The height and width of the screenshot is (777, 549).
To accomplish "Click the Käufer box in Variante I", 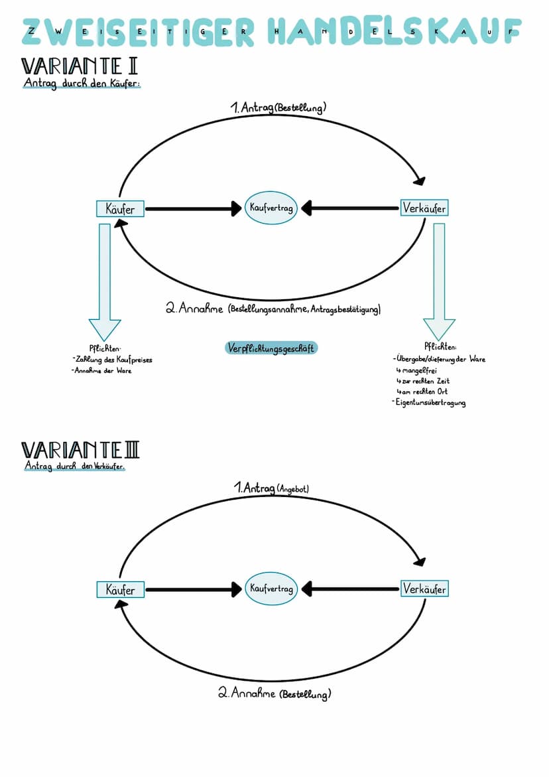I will [x=120, y=209].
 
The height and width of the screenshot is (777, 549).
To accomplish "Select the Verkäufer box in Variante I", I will [x=424, y=208].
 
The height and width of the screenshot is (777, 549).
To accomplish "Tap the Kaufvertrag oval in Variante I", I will [x=271, y=208].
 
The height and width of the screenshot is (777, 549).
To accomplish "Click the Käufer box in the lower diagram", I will [x=120, y=589].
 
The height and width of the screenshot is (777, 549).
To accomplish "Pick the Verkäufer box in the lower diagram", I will [x=424, y=589].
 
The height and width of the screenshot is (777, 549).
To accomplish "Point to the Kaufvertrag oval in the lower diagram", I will [x=271, y=589].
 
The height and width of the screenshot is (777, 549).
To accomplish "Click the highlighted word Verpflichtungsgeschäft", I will [x=271, y=348].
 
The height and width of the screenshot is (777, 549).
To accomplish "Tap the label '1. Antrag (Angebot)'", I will [x=272, y=488].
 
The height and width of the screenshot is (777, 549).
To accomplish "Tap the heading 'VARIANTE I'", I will [x=80, y=67].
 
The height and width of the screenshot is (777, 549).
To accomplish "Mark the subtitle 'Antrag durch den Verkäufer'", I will [x=74, y=466].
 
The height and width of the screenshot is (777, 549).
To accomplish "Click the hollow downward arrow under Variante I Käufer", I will [x=105, y=282].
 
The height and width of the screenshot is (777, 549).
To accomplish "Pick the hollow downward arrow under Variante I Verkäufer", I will [x=439, y=282].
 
